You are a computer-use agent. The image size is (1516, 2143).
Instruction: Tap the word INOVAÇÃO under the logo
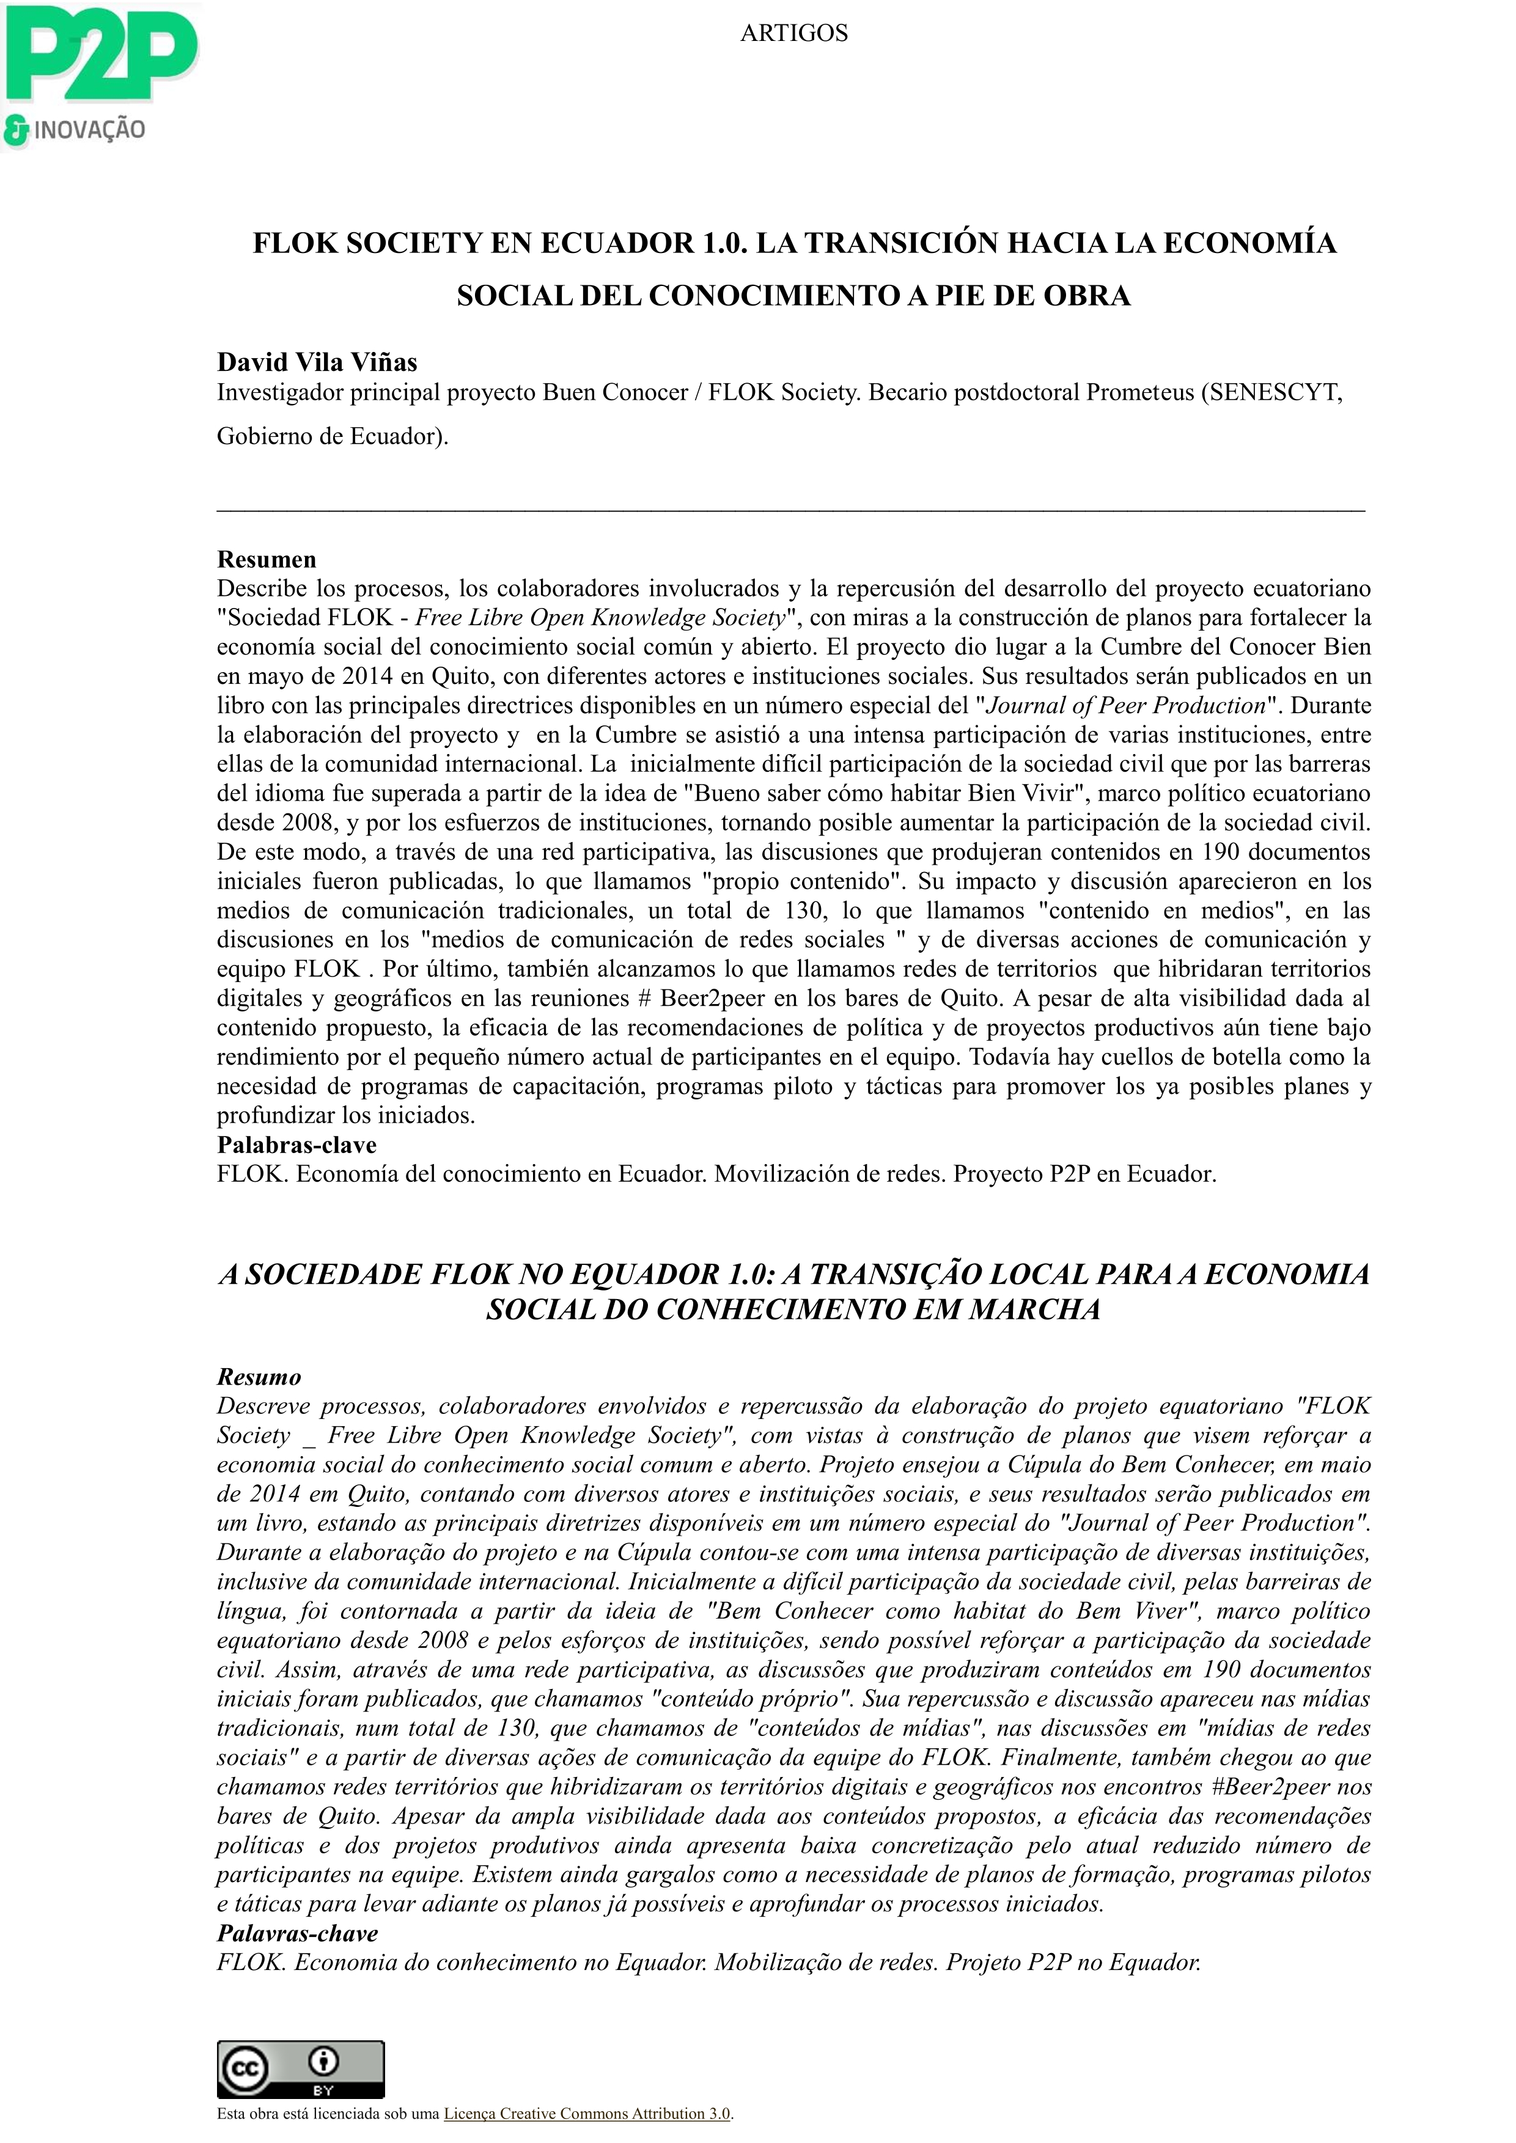pos(90,130)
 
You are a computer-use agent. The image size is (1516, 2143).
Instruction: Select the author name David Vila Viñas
pos(317,362)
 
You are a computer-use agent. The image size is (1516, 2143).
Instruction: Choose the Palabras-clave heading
pos(297,1145)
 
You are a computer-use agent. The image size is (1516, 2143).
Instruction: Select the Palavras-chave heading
pos(297,1933)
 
